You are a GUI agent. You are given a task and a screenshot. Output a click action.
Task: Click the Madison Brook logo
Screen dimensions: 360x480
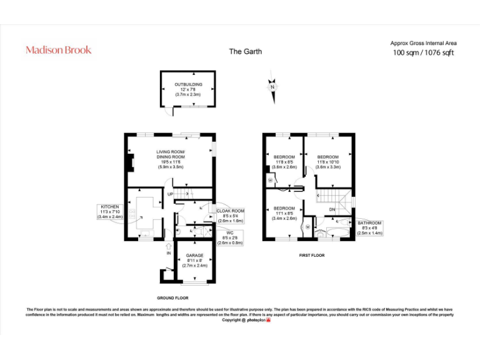coord(59,50)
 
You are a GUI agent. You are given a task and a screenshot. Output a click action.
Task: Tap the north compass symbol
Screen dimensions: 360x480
coord(272,86)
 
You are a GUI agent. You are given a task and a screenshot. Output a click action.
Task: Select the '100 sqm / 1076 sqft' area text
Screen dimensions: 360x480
coord(423,53)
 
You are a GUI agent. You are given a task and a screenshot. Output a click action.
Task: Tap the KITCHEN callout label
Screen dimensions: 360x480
coord(110,211)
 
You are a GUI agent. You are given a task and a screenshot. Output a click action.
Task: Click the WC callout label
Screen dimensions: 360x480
coord(230,238)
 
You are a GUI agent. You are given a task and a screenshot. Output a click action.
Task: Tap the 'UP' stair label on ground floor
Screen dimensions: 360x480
coord(170,194)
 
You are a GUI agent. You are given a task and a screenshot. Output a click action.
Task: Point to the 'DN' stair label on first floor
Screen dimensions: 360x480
coord(332,209)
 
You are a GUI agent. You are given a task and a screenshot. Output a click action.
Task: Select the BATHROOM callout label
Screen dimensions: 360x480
coord(369,227)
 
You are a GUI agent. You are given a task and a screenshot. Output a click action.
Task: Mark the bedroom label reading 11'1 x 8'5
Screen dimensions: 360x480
coord(284,213)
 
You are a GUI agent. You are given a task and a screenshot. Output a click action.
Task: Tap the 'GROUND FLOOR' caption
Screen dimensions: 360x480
coord(172,297)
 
